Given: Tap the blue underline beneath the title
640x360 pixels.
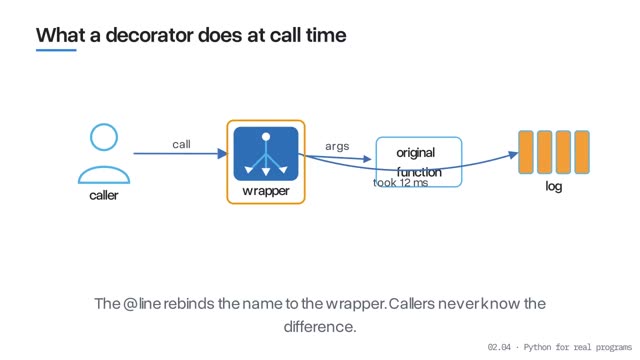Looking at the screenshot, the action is click(56, 50).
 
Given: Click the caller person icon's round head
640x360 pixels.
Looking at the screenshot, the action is click(104, 137).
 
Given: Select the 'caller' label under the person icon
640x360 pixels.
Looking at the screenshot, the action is click(104, 196).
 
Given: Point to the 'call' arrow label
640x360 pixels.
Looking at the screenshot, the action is click(181, 144).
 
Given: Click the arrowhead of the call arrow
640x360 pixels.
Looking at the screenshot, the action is click(223, 153).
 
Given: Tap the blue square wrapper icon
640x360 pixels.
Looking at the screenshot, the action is click(266, 153).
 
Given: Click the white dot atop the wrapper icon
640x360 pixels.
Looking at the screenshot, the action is click(266, 137).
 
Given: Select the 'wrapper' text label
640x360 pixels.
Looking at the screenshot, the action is click(266, 191).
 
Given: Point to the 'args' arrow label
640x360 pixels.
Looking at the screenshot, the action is click(337, 146).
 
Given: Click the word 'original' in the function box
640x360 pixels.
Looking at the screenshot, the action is click(416, 153).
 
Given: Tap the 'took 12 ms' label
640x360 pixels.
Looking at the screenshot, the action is click(400, 182).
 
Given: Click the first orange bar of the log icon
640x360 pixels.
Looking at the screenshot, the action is click(526, 152).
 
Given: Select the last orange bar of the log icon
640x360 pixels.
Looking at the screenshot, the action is click(582, 152).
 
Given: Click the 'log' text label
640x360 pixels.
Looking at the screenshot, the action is click(553, 187).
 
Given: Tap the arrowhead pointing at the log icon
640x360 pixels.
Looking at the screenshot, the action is click(513, 155).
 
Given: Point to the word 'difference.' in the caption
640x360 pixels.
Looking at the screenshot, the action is click(320, 327).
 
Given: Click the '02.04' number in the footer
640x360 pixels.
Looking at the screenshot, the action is click(499, 347).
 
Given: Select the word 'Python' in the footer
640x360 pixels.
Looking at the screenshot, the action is click(537, 347).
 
